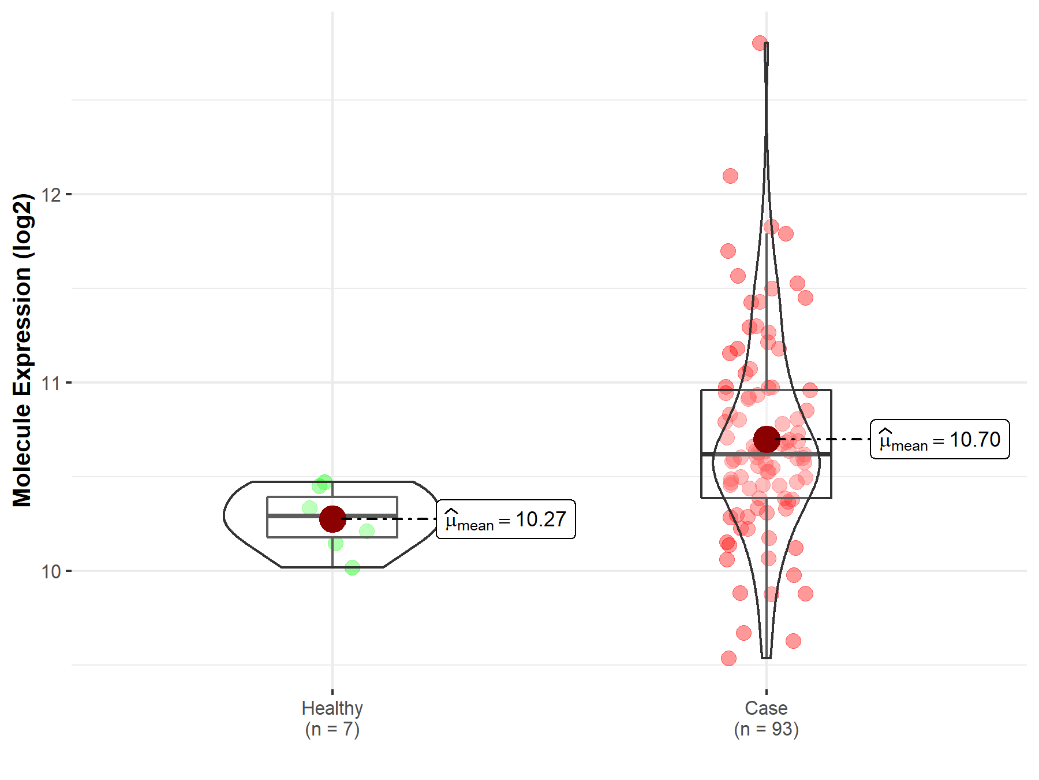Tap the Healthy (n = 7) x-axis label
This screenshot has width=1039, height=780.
pyautogui.click(x=332, y=718)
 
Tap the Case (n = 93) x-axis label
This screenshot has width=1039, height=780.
pyautogui.click(x=766, y=718)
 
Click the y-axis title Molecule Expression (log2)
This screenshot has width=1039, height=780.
pyautogui.click(x=22, y=350)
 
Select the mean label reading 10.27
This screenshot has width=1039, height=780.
pyautogui.click(x=506, y=519)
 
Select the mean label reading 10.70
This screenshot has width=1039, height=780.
pyautogui.click(x=940, y=440)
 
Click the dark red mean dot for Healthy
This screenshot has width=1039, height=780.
pyautogui.click(x=332, y=519)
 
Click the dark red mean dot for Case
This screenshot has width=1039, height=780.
pyautogui.click(x=767, y=440)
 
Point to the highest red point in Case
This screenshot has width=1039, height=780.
pyautogui.click(x=760, y=43)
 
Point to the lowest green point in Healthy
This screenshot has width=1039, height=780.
pyautogui.click(x=352, y=568)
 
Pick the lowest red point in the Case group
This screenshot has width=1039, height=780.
pyautogui.click(x=728, y=658)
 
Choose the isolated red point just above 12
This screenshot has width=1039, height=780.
pyautogui.click(x=730, y=176)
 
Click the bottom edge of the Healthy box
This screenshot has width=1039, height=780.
pyautogui.click(x=300, y=537)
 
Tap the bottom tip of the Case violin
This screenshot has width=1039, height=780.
pyautogui.click(x=766, y=658)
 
